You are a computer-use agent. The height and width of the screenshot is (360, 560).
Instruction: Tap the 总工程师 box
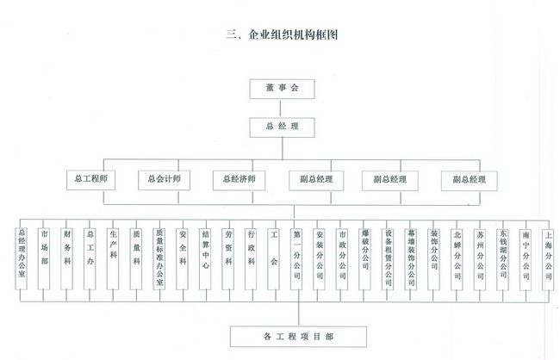90,180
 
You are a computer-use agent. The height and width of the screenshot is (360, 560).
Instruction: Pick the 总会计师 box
165,180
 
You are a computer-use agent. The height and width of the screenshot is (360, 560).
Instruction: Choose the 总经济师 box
240,180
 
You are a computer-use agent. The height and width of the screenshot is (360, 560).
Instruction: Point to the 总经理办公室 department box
22,258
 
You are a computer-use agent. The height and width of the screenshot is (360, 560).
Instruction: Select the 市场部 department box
45,258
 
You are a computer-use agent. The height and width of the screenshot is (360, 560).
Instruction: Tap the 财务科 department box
68,258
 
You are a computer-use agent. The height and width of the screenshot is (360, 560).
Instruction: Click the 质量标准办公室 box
159,258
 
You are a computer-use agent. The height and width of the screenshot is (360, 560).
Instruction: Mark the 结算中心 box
205,258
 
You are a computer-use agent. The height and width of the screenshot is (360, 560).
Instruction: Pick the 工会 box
274,258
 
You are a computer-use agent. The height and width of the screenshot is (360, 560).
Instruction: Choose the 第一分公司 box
297,258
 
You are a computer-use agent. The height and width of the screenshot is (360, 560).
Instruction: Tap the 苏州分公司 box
481,258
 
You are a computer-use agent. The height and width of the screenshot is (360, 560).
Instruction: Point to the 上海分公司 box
549,258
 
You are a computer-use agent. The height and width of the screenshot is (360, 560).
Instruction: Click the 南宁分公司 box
526,258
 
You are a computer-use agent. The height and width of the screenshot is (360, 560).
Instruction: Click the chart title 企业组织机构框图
280,35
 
